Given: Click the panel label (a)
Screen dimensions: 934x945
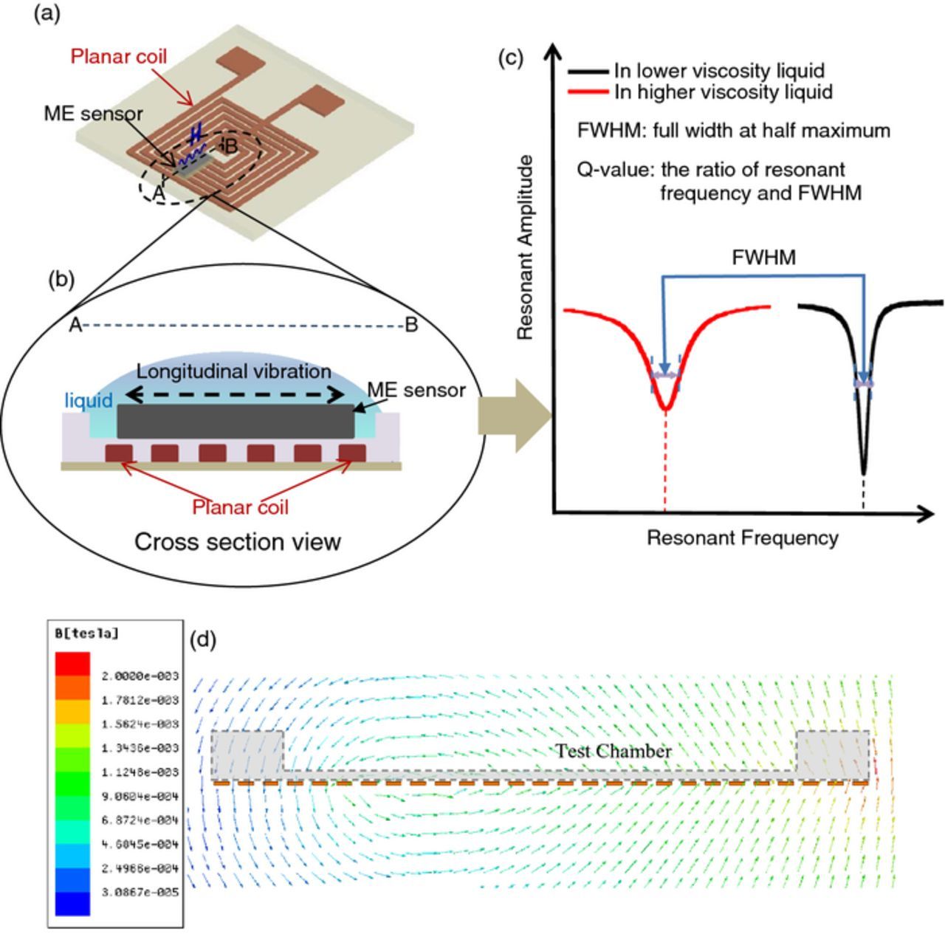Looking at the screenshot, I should tap(47, 14).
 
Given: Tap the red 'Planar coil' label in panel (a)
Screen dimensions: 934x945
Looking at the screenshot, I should tap(119, 56).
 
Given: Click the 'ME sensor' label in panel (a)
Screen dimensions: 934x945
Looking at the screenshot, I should tap(93, 114).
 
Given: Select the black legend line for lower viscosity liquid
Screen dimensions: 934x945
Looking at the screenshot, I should tap(588, 72).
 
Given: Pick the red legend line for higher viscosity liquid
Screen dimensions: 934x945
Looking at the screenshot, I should tap(588, 92).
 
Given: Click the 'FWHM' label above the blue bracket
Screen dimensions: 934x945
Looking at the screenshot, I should tap(763, 258).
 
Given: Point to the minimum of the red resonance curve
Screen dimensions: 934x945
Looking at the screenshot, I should tap(666, 408).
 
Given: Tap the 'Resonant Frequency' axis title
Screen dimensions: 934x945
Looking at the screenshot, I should tap(742, 538).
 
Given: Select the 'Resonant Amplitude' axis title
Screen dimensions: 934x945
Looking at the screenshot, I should tap(525, 248).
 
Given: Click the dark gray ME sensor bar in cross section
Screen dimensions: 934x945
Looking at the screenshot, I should tap(236, 421).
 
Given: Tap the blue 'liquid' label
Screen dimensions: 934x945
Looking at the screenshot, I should tap(89, 401).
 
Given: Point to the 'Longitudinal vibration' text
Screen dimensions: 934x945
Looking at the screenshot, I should tap(233, 371).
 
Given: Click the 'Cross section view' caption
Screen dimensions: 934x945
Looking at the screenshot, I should tap(237, 542).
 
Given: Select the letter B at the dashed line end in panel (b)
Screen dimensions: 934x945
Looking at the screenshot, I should tap(411, 325).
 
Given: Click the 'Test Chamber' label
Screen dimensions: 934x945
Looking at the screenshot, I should tap(614, 751).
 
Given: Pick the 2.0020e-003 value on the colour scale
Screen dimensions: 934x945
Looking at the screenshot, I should tap(140, 676).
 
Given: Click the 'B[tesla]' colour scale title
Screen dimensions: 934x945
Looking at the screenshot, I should tap(86, 633).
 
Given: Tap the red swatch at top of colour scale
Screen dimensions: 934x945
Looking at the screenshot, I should tap(72, 664).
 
